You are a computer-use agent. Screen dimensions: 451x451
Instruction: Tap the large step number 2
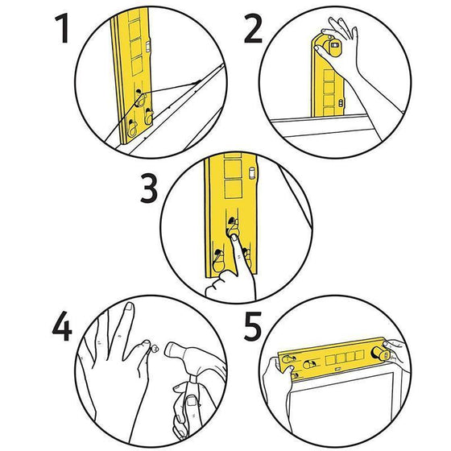click(x=253, y=28)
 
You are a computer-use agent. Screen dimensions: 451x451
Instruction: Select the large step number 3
click(x=149, y=188)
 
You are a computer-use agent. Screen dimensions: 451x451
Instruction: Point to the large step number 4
click(x=62, y=326)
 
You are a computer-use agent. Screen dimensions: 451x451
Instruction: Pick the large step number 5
click(x=253, y=326)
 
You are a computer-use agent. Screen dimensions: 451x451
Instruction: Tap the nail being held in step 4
click(x=155, y=348)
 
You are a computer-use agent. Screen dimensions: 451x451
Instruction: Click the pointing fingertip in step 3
click(x=234, y=238)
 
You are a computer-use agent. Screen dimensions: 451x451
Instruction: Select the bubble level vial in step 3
click(x=252, y=173)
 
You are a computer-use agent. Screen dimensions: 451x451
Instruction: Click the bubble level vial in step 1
click(x=148, y=47)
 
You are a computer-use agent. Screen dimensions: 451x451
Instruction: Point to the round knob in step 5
click(x=379, y=354)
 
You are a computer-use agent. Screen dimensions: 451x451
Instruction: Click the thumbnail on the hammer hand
click(x=191, y=401)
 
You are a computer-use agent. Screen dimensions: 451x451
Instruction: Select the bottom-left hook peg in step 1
click(x=132, y=129)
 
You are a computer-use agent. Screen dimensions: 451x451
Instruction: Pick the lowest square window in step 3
click(x=233, y=189)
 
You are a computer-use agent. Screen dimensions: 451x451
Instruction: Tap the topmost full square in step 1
click(x=135, y=30)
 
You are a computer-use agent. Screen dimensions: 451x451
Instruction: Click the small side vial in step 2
click(x=341, y=104)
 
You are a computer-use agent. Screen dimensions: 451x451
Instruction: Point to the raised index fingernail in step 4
click(x=130, y=306)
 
